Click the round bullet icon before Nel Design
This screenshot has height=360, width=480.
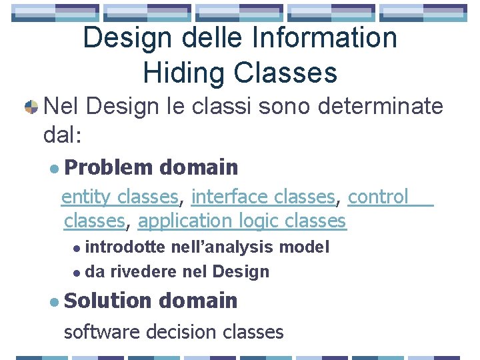[x=30, y=106]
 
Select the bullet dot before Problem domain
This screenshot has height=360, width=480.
[x=54, y=167]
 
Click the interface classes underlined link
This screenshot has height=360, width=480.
[x=263, y=197]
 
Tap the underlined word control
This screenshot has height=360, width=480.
[x=378, y=197]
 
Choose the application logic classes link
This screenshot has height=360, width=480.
[x=242, y=221]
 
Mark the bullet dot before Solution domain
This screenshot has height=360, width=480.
[x=54, y=301]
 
